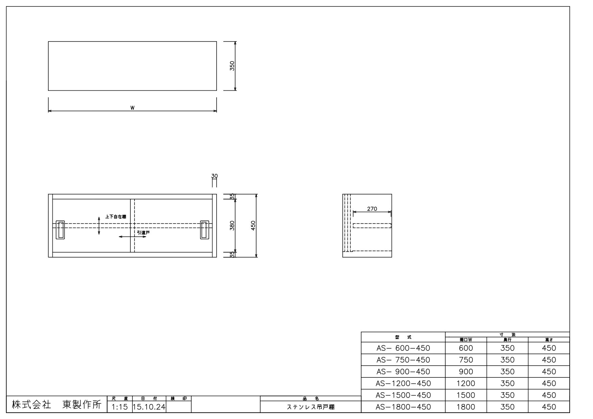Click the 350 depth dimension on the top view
(x=232, y=66)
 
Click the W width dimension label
(x=132, y=108)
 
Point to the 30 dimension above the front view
(x=214, y=176)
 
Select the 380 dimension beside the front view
(x=232, y=226)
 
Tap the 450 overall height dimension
(x=253, y=226)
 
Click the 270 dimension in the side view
(x=372, y=209)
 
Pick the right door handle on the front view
(x=204, y=230)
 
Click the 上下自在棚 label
(x=116, y=217)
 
